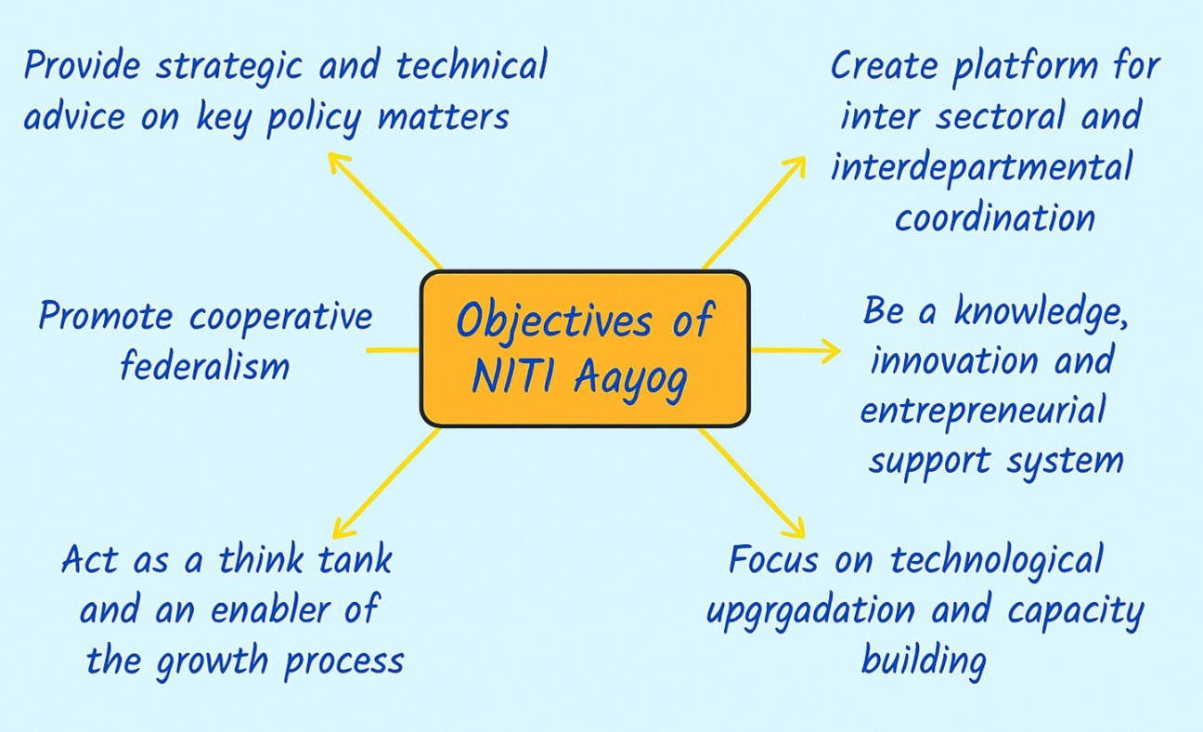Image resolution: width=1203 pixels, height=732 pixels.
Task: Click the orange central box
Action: (x=585, y=348)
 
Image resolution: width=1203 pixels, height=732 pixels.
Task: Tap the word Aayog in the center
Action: (x=631, y=379)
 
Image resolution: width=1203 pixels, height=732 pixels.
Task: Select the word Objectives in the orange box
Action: (x=555, y=320)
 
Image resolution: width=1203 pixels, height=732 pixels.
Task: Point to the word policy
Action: (x=314, y=119)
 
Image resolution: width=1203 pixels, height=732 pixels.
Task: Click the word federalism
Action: (x=204, y=366)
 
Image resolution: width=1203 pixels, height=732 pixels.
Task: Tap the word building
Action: (x=924, y=661)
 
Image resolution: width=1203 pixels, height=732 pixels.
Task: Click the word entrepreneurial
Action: (x=983, y=412)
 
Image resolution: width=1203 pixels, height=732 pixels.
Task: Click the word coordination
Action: (x=995, y=218)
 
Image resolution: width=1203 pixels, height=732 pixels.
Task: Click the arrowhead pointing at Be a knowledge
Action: (x=833, y=350)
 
